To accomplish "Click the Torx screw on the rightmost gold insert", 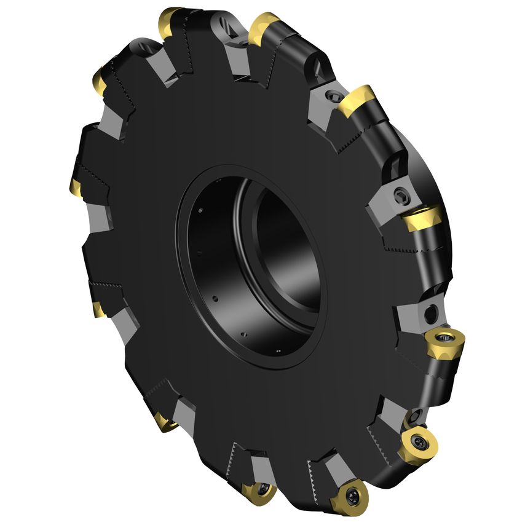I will pyautogui.click(x=443, y=337).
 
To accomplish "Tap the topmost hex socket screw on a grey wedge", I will pyautogui.click(x=332, y=96).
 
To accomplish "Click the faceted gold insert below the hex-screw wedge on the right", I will pyautogui.click(x=423, y=218).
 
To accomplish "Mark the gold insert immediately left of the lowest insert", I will pyautogui.click(x=257, y=491).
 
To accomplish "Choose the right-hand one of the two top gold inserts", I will pyautogui.click(x=264, y=28).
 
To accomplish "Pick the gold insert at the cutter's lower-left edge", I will pyautogui.click(x=165, y=421).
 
